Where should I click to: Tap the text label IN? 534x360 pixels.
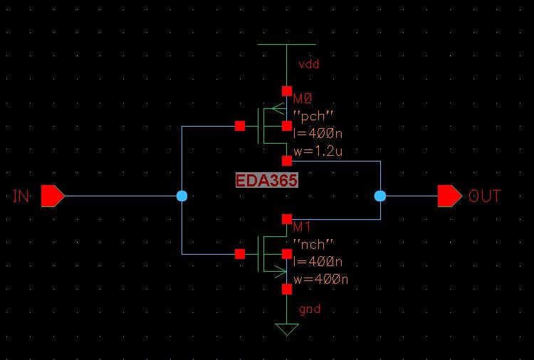[21, 196]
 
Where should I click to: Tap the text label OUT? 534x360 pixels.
[484, 196]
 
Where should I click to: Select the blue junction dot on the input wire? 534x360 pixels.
[182, 196]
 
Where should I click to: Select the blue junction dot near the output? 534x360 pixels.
[380, 196]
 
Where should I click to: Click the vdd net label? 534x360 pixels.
[309, 64]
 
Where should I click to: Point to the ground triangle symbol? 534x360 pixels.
[286, 329]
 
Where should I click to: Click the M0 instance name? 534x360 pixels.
[303, 100]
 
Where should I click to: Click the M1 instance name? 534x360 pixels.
[303, 227]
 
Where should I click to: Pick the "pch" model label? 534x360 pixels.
[314, 116]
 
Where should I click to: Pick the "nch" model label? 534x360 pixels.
[314, 244]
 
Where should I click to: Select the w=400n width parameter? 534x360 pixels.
[320, 278]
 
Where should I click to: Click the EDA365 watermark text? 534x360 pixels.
[267, 181]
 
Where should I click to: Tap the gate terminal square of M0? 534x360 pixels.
[240, 126]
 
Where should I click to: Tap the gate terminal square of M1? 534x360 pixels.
[240, 253]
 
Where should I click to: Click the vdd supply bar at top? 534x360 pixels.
[286, 44]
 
